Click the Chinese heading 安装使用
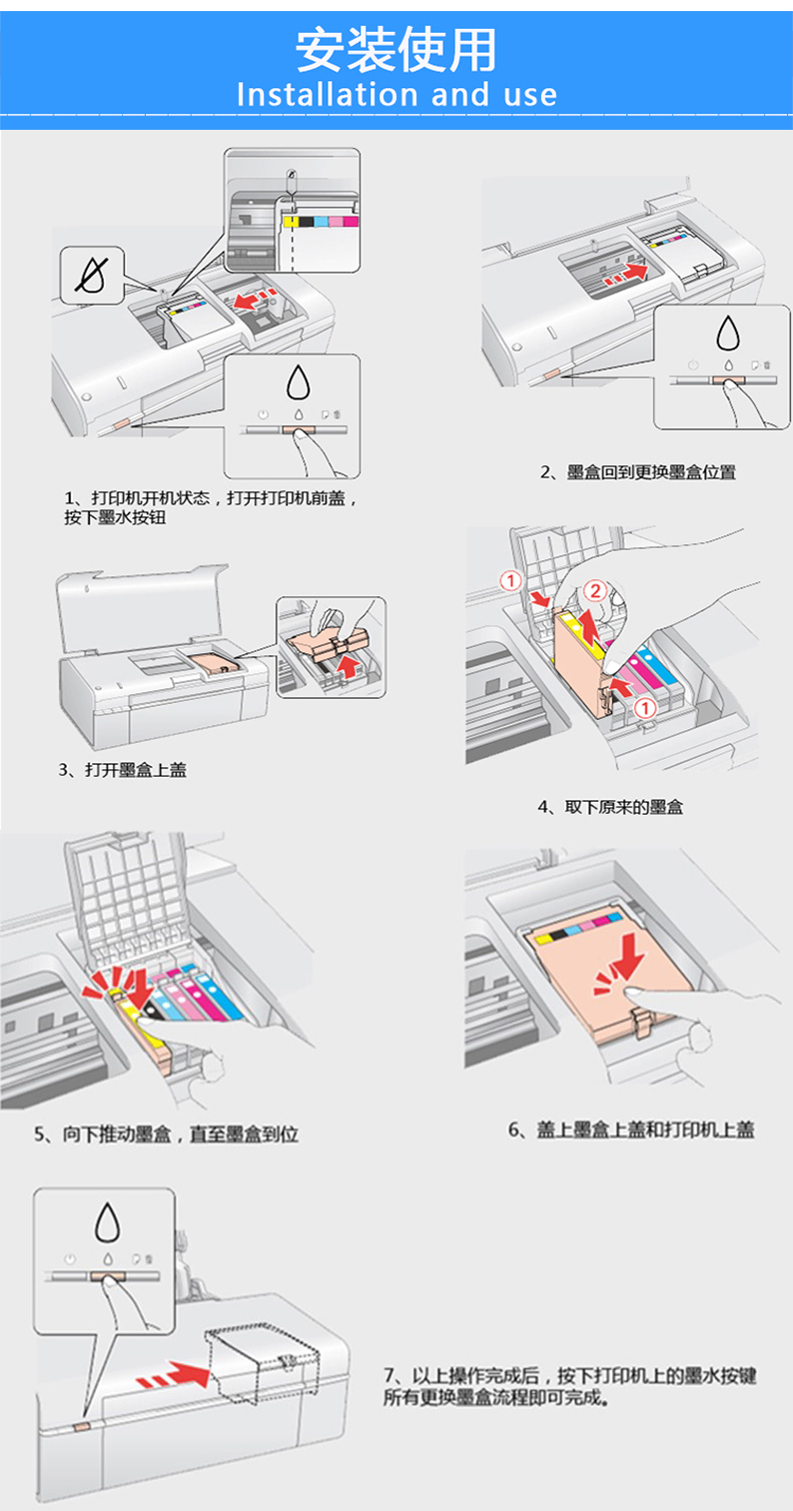[396, 49]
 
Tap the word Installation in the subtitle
[314, 95]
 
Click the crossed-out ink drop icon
[91, 274]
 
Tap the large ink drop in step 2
[726, 335]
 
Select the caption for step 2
[638, 471]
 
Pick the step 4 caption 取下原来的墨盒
[610, 806]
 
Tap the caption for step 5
[166, 1133]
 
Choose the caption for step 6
[630, 1130]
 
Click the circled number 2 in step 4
[595, 590]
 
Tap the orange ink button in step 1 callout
[298, 431]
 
